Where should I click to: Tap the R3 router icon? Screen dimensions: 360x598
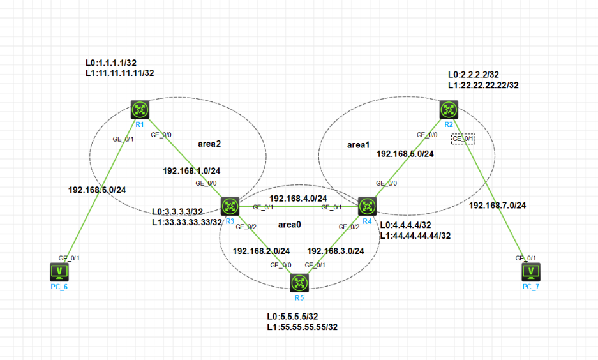pyautogui.click(x=230, y=206)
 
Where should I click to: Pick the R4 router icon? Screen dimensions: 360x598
pyautogui.click(x=367, y=206)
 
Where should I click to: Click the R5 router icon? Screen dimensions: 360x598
pyautogui.click(x=299, y=283)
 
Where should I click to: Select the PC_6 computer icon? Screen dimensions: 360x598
pyautogui.click(x=60, y=272)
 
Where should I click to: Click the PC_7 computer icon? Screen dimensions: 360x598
pyautogui.click(x=530, y=272)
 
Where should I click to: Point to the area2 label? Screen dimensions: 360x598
pyautogui.click(x=209, y=144)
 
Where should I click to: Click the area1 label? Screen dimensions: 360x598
pyautogui.click(x=358, y=145)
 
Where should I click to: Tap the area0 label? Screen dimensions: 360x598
pyautogui.click(x=290, y=225)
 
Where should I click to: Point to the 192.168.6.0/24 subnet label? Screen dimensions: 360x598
pyautogui.click(x=96, y=190)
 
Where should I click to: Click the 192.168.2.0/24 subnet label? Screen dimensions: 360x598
pyautogui.click(x=261, y=250)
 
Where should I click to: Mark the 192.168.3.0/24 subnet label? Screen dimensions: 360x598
pyautogui.click(x=336, y=250)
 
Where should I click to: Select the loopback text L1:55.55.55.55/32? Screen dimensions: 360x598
pyautogui.click(x=302, y=327)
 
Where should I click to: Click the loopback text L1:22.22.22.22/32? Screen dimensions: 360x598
pyautogui.click(x=483, y=85)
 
